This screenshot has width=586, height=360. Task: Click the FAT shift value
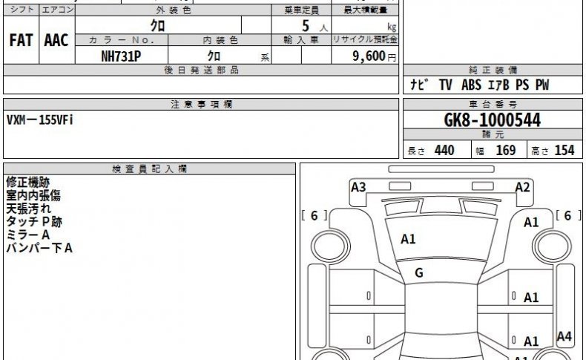21,40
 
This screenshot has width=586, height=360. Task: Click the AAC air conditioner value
56,40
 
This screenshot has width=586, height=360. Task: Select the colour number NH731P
121,56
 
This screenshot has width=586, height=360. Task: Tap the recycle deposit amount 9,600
369,56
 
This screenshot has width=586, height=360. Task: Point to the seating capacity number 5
306,26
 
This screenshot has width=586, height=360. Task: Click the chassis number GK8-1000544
493,120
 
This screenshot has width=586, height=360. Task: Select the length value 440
444,150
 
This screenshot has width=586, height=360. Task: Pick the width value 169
506,150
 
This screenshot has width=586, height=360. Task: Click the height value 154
564,150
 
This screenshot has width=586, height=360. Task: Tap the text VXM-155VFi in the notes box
40,120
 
